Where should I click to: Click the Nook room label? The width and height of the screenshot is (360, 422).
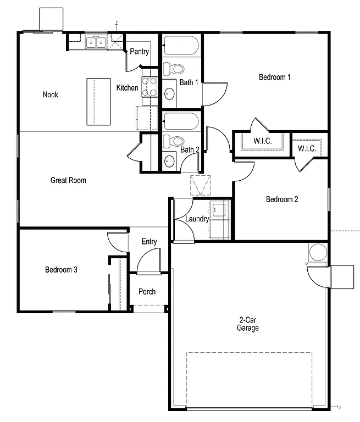pos(51,95)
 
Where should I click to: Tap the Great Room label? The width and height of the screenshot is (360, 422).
pos(68,180)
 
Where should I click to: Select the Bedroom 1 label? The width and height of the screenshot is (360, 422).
pos(275,77)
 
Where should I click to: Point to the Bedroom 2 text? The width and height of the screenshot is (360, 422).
pos(282,199)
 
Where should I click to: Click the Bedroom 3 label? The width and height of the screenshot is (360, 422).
pos(61,270)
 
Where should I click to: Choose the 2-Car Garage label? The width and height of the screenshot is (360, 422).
pos(248,324)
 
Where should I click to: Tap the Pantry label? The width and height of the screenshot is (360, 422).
pos(140,52)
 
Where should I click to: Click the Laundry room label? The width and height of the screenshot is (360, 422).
pos(197,219)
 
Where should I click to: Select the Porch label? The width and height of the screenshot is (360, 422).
pos(147,292)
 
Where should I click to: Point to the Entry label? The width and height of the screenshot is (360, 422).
pos(149,242)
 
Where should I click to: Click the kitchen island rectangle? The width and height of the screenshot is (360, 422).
pos(99,102)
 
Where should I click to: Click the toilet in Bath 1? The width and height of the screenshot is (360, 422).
pos(175,69)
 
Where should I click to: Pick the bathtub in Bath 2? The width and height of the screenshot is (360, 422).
pos(181,121)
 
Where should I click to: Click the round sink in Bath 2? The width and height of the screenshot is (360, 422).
pos(170,161)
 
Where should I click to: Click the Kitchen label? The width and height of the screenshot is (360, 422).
pos(127,88)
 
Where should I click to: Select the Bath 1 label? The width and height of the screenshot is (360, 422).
pos(189,82)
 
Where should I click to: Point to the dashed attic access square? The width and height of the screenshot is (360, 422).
pos(200,185)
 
